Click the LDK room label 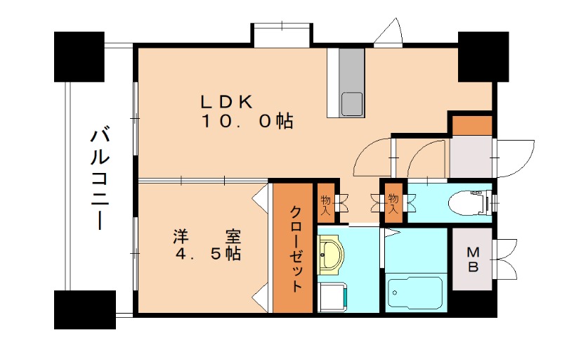click(227, 101)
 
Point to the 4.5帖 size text click(208, 254)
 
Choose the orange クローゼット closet click(294, 247)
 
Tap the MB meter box click(473, 259)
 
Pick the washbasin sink click(331, 253)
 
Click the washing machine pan click(332, 297)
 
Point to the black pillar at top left click(85, 57)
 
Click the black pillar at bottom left click(85, 309)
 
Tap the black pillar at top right click(483, 57)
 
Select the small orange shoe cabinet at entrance click(471, 124)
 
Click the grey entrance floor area click(471, 157)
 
